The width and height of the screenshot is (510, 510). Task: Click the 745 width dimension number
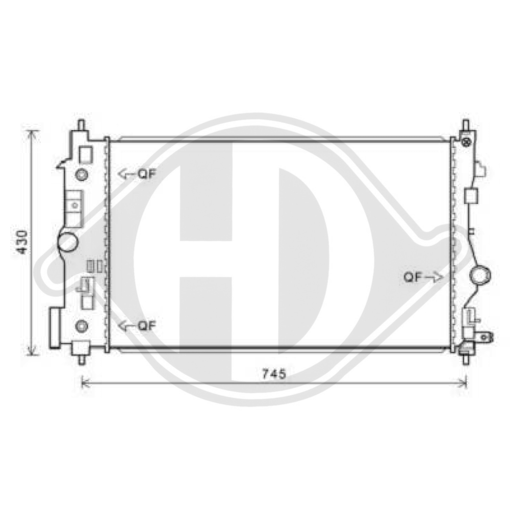273,374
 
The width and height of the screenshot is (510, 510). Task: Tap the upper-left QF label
145,174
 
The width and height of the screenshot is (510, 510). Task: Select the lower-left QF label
145,325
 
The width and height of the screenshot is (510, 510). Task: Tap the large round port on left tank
67,241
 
